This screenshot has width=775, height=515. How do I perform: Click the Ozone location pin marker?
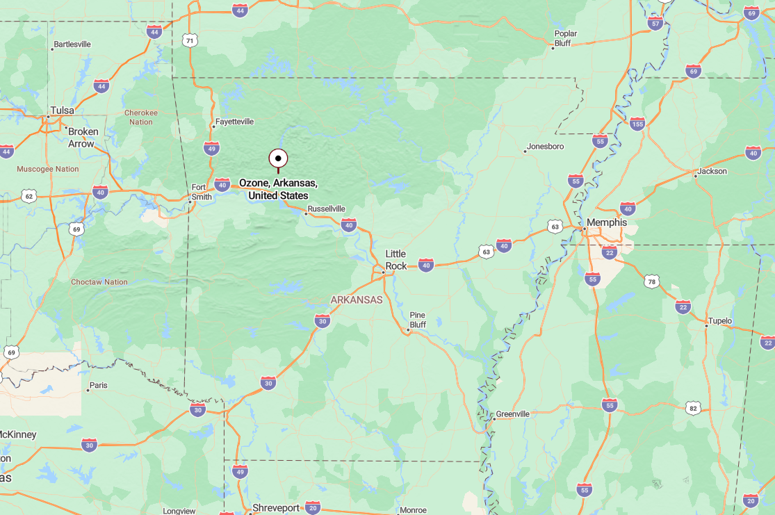[x=278, y=159]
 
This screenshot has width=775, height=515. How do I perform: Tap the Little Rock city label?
[x=396, y=260]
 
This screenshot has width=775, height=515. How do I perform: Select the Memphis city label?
[x=606, y=222]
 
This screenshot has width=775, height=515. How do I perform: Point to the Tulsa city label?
[x=62, y=110]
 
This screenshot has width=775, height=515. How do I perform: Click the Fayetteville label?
[x=234, y=122]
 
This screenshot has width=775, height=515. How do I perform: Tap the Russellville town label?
[x=326, y=209]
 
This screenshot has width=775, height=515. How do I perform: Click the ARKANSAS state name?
[x=356, y=300]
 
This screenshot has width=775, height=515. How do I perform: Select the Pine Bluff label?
[x=417, y=320]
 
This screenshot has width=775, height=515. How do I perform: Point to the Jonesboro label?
[x=545, y=147]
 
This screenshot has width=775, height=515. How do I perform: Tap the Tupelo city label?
[x=719, y=321]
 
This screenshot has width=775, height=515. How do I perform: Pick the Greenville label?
[x=512, y=414]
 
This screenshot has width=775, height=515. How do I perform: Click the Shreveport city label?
[x=276, y=508]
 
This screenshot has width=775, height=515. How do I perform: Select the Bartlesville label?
[x=72, y=44]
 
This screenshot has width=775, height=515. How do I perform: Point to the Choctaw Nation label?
[x=99, y=282]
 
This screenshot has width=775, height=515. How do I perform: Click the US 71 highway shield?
[x=190, y=41]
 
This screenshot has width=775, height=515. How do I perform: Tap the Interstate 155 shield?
[x=637, y=124]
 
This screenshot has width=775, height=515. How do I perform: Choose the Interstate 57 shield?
[x=655, y=23]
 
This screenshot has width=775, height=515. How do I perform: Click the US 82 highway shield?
[x=692, y=408]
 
